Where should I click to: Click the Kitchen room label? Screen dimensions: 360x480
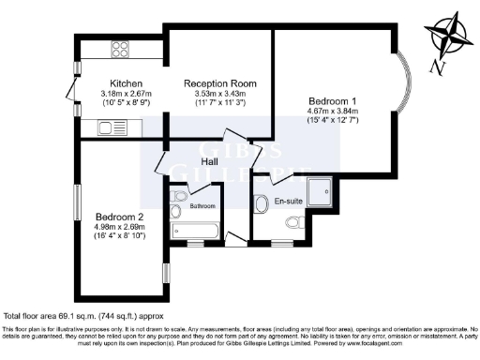pyautogui.click(x=126, y=82)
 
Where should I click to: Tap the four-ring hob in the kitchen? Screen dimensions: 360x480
pyautogui.click(x=121, y=49)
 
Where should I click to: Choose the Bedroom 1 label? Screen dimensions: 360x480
pyautogui.click(x=333, y=99)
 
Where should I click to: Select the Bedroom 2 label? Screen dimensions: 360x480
pyautogui.click(x=118, y=217)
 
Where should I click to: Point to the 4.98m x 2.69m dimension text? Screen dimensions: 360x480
pyautogui.click(x=119, y=228)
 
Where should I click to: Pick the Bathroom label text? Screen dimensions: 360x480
pyautogui.click(x=202, y=205)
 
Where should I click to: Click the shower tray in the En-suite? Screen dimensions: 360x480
pyautogui.click(x=317, y=192)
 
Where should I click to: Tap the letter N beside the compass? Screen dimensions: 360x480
pyautogui.click(x=433, y=67)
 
